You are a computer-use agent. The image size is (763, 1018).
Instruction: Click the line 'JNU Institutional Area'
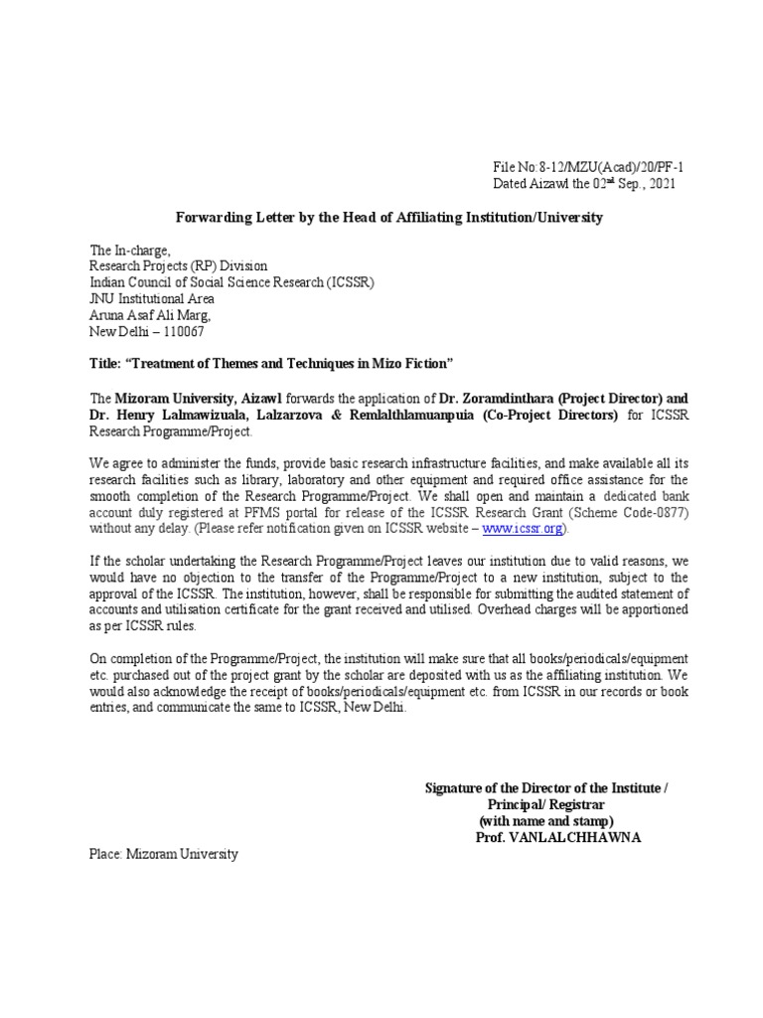coord(152,298)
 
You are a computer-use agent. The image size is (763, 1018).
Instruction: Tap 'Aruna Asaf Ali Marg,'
coord(148,314)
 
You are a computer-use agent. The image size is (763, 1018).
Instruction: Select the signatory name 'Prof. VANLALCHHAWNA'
coord(558,837)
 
